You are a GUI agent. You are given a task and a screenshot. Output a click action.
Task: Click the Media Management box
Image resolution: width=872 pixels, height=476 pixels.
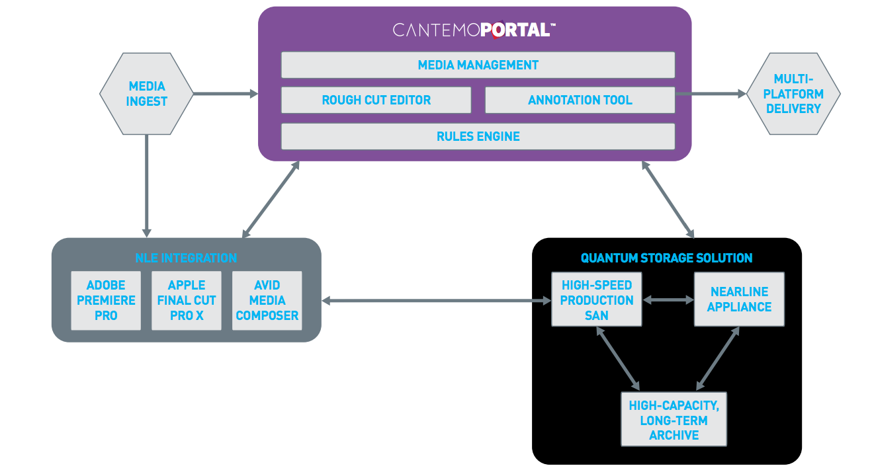pyautogui.click(x=478, y=65)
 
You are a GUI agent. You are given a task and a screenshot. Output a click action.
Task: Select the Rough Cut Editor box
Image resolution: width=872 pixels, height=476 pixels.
pyautogui.click(x=376, y=100)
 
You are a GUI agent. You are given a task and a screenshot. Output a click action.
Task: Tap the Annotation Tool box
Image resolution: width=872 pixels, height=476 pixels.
pyautogui.click(x=580, y=100)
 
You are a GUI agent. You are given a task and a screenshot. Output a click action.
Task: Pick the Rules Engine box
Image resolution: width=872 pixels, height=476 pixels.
pyautogui.click(x=478, y=136)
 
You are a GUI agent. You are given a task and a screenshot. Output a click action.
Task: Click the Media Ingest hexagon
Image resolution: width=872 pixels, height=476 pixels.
pyautogui.click(x=146, y=94)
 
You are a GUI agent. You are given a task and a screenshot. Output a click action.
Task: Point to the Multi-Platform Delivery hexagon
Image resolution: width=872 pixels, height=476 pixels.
pyautogui.click(x=793, y=94)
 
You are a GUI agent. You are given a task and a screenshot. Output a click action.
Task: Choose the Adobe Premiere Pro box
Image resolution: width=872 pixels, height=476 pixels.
pyautogui.click(x=106, y=300)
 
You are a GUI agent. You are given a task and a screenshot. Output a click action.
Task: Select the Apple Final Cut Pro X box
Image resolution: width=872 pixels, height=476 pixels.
pyautogui.click(x=187, y=300)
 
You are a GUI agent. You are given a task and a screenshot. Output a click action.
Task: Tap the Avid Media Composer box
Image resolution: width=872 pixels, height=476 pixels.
pyautogui.click(x=267, y=300)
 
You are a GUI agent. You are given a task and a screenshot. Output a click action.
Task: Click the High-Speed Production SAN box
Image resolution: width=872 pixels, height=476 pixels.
pyautogui.click(x=596, y=299)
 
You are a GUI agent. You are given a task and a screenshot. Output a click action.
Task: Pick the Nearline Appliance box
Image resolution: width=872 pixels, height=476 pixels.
pyautogui.click(x=739, y=299)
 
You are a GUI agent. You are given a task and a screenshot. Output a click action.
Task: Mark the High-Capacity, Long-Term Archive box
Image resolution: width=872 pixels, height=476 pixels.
pyautogui.click(x=674, y=420)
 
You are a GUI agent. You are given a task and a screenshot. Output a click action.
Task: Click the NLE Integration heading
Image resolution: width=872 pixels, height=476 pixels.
pyautogui.click(x=186, y=258)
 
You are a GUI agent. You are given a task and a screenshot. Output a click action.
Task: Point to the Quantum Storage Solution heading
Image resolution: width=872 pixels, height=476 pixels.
pyautogui.click(x=666, y=258)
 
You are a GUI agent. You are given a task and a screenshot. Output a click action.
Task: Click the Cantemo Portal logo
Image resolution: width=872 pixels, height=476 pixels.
pyautogui.click(x=474, y=30)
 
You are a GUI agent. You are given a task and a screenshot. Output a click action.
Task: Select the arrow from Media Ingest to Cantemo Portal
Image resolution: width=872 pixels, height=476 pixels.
pyautogui.click(x=225, y=94)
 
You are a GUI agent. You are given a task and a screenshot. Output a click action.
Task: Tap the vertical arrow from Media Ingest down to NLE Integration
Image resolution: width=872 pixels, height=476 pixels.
pyautogui.click(x=146, y=185)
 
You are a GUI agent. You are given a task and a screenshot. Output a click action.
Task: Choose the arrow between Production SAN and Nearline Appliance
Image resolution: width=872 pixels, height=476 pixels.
pyautogui.click(x=668, y=300)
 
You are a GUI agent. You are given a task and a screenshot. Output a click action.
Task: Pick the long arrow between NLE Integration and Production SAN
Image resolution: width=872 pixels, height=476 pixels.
pyautogui.click(x=437, y=301)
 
